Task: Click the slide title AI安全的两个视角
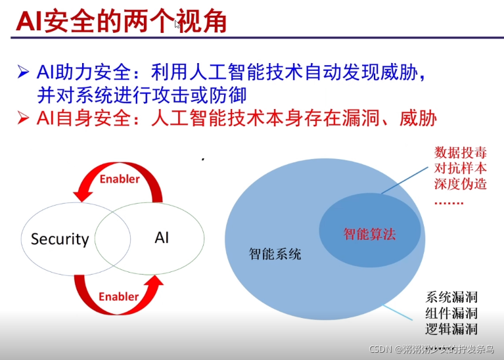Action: pyautogui.click(x=121, y=21)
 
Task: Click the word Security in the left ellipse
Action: pyautogui.click(x=60, y=239)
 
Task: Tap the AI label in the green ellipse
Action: pyautogui.click(x=162, y=237)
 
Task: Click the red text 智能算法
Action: pyautogui.click(x=370, y=234)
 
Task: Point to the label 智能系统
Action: pyautogui.click(x=275, y=254)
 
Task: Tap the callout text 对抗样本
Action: pyautogui.click(x=461, y=168)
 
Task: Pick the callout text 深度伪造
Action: pyautogui.click(x=461, y=184)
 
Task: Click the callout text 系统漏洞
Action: pyautogui.click(x=451, y=297)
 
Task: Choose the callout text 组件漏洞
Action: pyautogui.click(x=451, y=313)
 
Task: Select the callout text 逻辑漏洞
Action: pyautogui.click(x=451, y=329)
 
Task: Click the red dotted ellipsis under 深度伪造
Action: pyautogui.click(x=449, y=201)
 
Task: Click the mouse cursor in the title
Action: pyautogui.click(x=177, y=24)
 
